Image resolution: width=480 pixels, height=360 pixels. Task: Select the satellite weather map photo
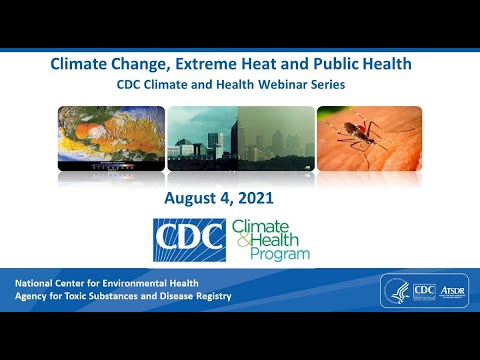coord(109,137)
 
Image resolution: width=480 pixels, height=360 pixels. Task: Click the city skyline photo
coord(239,137)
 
